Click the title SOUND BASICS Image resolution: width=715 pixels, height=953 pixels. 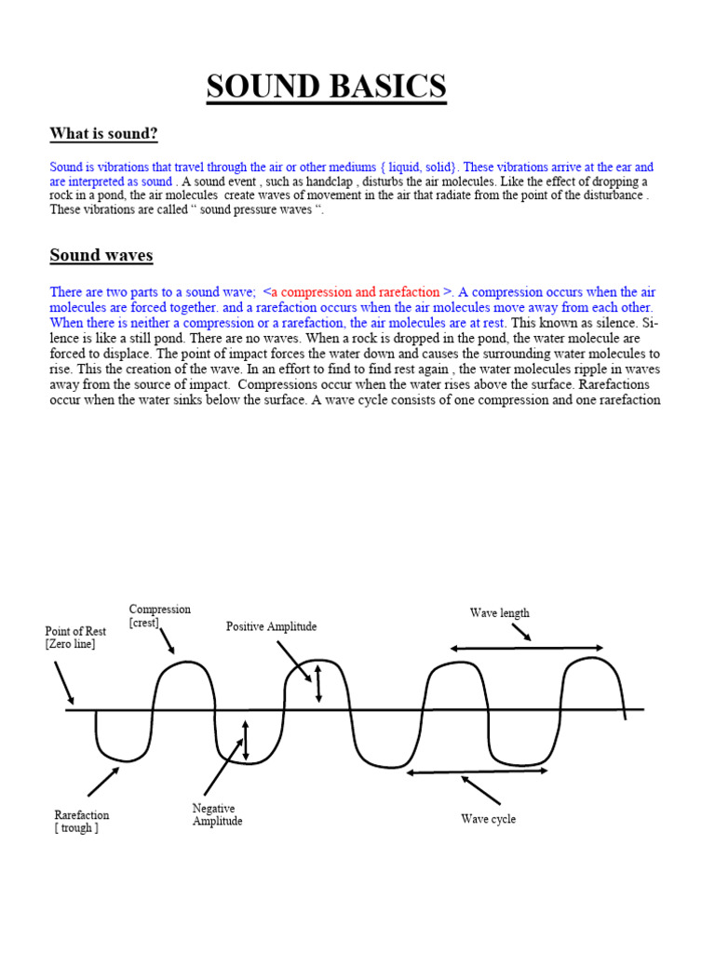[x=326, y=87]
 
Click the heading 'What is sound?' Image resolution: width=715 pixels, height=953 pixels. [x=104, y=134]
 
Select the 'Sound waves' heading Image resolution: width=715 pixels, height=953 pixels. [x=101, y=255]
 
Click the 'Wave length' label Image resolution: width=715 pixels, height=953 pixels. [x=499, y=613]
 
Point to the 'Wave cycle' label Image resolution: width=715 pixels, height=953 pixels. [x=488, y=819]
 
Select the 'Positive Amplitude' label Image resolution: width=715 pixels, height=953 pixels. [x=271, y=626]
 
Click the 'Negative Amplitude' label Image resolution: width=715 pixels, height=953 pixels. [x=218, y=815]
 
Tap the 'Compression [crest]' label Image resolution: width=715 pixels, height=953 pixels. [x=160, y=616]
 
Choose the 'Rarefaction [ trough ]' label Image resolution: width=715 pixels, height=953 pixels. [x=82, y=822]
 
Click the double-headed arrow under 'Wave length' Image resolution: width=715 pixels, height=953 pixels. [x=526, y=648]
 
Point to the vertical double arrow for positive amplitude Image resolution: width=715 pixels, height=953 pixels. [x=318, y=683]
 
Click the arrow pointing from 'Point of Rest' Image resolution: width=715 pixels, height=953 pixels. [x=64, y=682]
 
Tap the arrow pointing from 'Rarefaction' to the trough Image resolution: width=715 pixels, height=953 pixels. [x=103, y=781]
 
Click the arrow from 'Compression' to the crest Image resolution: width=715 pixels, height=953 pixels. [x=166, y=640]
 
